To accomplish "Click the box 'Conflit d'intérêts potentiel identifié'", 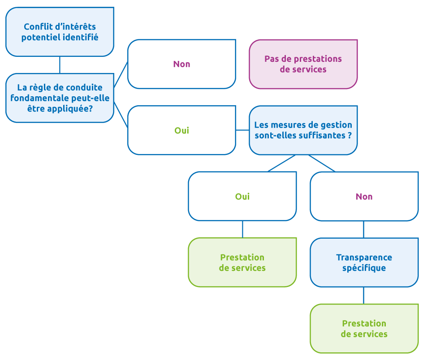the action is tap(60, 32).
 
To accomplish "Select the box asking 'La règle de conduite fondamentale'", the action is tap(60, 98).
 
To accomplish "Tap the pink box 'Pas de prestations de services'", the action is tap(303, 64).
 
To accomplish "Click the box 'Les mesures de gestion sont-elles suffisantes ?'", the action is tap(303, 130).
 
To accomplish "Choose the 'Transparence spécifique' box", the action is tap(364, 262).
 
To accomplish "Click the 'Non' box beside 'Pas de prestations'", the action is tap(181, 64).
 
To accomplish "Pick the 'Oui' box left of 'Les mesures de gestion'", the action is tap(181, 130).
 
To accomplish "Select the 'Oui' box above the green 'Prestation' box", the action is tap(242, 196).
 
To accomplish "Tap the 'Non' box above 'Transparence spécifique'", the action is tap(364, 196).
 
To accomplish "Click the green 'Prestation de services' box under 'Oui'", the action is tap(242, 262).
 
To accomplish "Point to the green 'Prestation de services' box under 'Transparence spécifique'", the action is tap(364, 329).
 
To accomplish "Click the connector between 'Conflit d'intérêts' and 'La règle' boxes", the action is tap(60, 65).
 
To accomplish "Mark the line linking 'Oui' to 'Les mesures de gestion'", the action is tap(242, 130).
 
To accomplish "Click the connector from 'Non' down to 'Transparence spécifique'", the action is tap(364, 229).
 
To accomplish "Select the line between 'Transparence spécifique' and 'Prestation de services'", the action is tap(364, 295).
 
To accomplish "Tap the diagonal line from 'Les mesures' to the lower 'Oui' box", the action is tap(282, 163).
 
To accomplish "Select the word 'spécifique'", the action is tap(364, 268).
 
